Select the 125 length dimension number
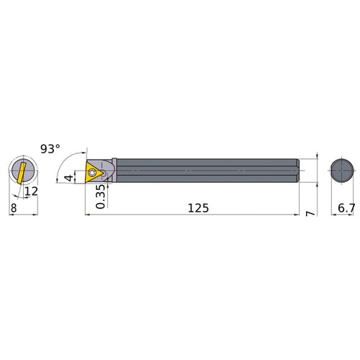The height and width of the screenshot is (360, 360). pyautogui.click(x=198, y=207)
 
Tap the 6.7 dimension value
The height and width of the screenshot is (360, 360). pyautogui.click(x=345, y=207)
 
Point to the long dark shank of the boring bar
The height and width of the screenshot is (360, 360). pyautogui.click(x=209, y=172)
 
